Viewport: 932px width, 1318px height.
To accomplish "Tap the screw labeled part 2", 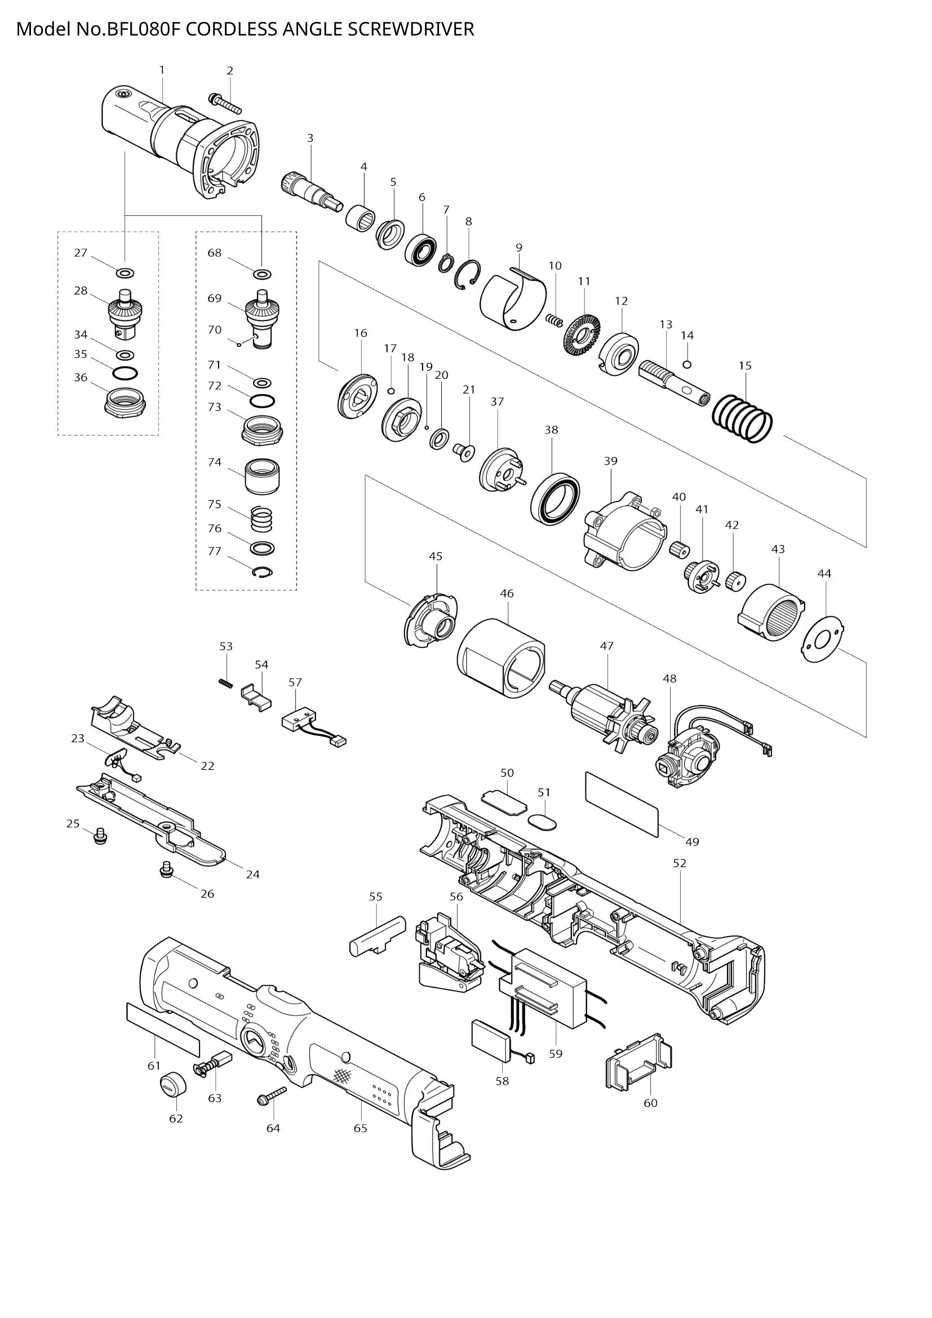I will (225, 103).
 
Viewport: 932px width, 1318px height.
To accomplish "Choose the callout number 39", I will (611, 461).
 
